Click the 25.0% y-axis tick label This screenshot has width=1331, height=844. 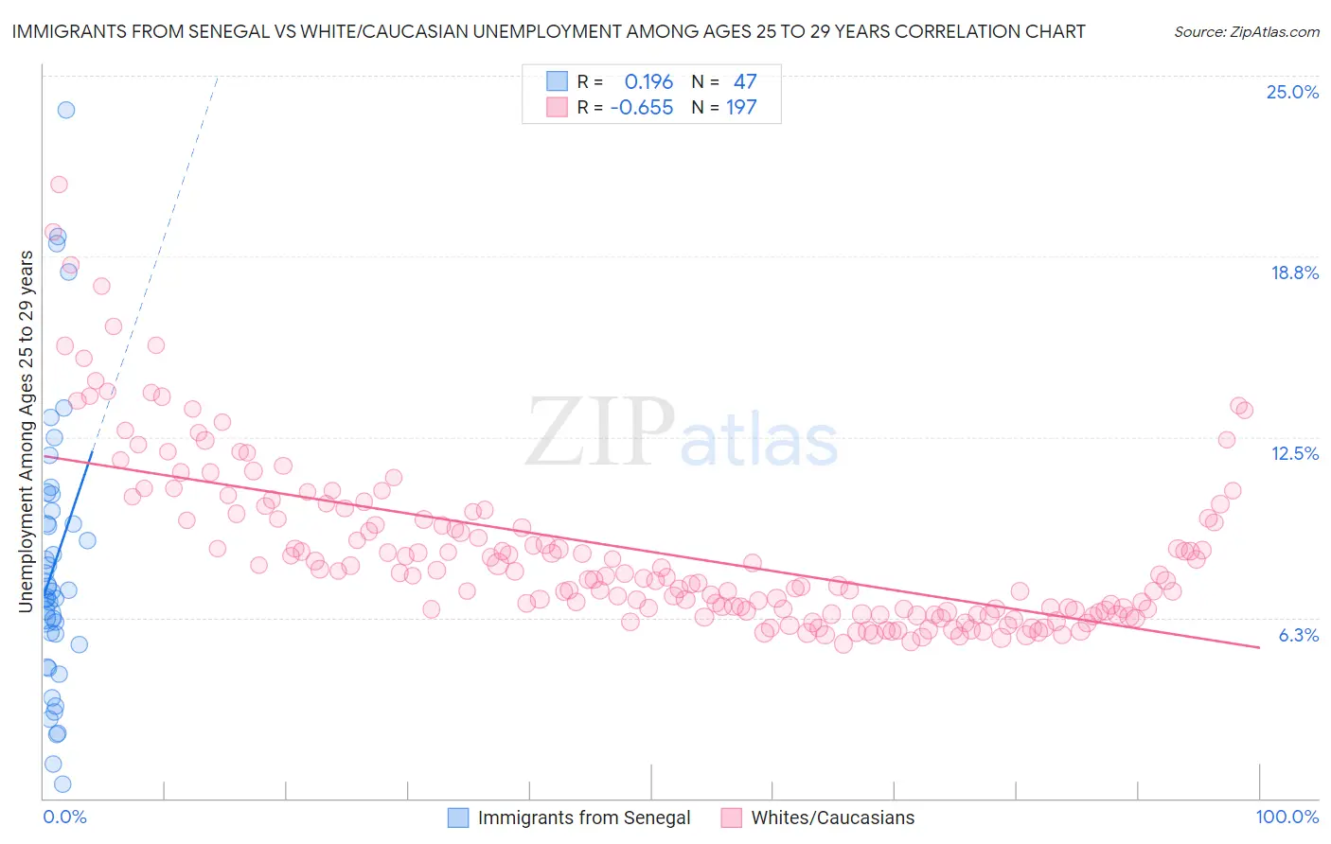pyautogui.click(x=1292, y=92)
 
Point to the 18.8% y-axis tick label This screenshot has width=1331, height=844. pyautogui.click(x=1294, y=273)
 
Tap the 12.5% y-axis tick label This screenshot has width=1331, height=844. pyautogui.click(x=1294, y=453)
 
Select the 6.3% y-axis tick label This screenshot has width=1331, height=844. pyautogui.click(x=1298, y=635)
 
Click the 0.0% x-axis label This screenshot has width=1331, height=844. pyautogui.click(x=64, y=817)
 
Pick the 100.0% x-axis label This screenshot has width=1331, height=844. pyautogui.click(x=1287, y=817)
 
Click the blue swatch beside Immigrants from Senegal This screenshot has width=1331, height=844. pyautogui.click(x=458, y=818)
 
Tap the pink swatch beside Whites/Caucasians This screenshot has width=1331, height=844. pyautogui.click(x=731, y=818)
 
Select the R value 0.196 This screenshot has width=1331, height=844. pyautogui.click(x=648, y=82)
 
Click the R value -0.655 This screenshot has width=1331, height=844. pyautogui.click(x=642, y=108)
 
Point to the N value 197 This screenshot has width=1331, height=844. pyautogui.click(x=741, y=108)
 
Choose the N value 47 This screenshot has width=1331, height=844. pyautogui.click(x=745, y=82)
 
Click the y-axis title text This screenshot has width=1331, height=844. pyautogui.click(x=27, y=431)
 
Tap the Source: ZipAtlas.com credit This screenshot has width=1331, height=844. pyautogui.click(x=1246, y=31)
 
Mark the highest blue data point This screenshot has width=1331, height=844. pyautogui.click(x=65, y=110)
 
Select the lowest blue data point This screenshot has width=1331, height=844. pyautogui.click(x=62, y=783)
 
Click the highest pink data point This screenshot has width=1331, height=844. pyautogui.click(x=59, y=185)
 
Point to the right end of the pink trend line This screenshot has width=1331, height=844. pyautogui.click(x=1259, y=647)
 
